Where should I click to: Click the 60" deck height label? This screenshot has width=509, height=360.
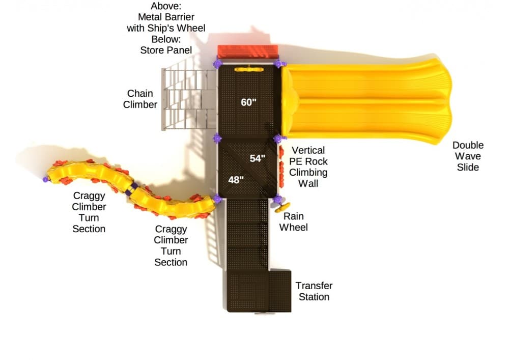coord(248,102)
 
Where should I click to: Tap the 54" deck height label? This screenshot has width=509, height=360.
coord(257,158)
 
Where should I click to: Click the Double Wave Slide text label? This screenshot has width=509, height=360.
coord(468,156)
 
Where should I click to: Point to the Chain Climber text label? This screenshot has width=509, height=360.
coord(140,99)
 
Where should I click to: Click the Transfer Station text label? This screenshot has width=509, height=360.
coord(314,291)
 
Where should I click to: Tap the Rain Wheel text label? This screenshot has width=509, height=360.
coord(294,221)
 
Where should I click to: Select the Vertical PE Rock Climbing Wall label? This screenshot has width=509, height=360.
coord(308,167)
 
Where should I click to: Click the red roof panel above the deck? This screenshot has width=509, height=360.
coord(248,51)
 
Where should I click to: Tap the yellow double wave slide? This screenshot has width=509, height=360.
coord(366,100)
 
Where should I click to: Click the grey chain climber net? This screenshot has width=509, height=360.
coord(186,99)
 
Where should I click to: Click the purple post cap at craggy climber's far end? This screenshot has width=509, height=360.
coord(46,179)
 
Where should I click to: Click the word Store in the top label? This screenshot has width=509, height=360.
coord(152,50)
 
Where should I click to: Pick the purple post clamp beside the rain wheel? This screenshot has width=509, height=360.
coord(277,199)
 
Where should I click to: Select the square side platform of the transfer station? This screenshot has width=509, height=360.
coord(279,291)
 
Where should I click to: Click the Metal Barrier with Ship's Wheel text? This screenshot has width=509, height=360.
coord(166,22)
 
